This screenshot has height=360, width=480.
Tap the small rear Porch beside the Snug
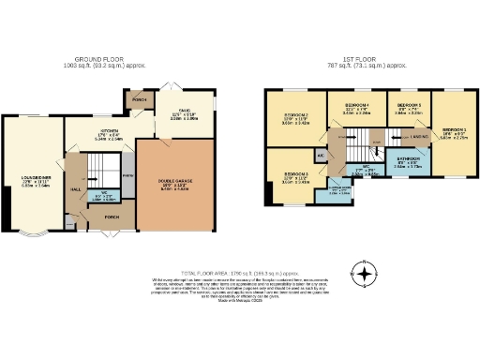[x=140, y=99]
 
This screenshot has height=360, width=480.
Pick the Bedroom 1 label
[x=454, y=132]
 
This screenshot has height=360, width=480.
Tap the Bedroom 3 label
[x=294, y=178]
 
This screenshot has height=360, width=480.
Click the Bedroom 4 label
[x=357, y=107]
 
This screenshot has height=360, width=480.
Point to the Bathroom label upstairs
[x=407, y=160]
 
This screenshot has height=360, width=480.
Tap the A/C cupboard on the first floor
[x=321, y=155]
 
